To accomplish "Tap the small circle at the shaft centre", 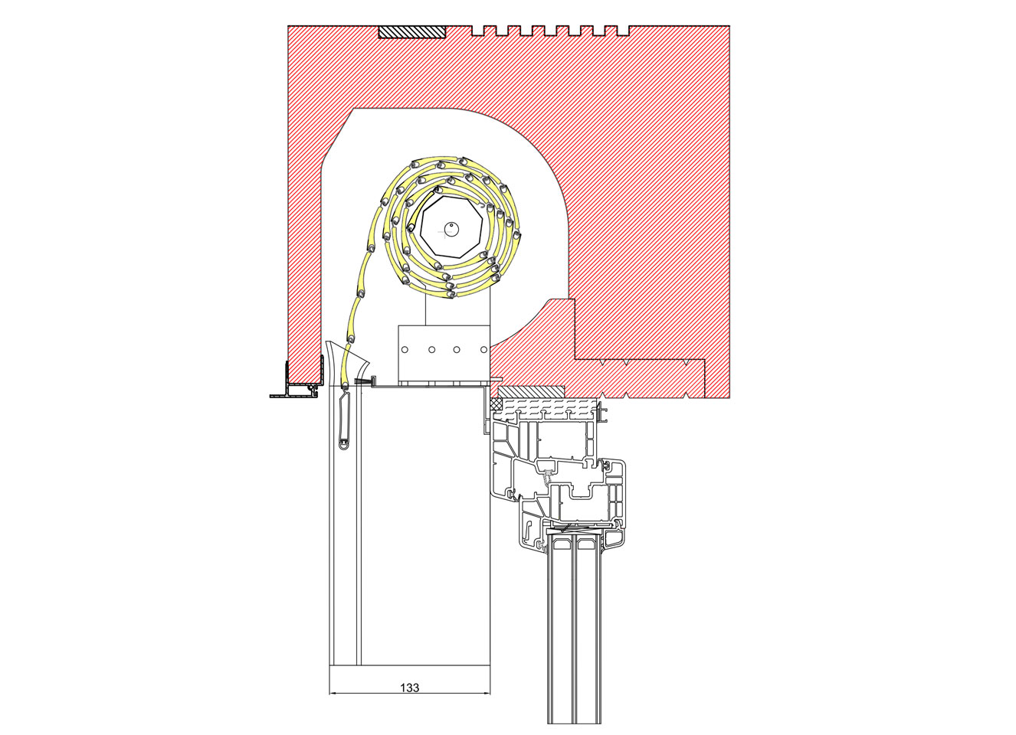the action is [x=451, y=229].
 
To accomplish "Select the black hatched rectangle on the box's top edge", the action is [x=412, y=31].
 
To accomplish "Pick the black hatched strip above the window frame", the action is [x=531, y=390].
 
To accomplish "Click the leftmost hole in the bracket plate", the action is [x=405, y=349].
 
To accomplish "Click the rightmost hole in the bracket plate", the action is [x=483, y=349].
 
